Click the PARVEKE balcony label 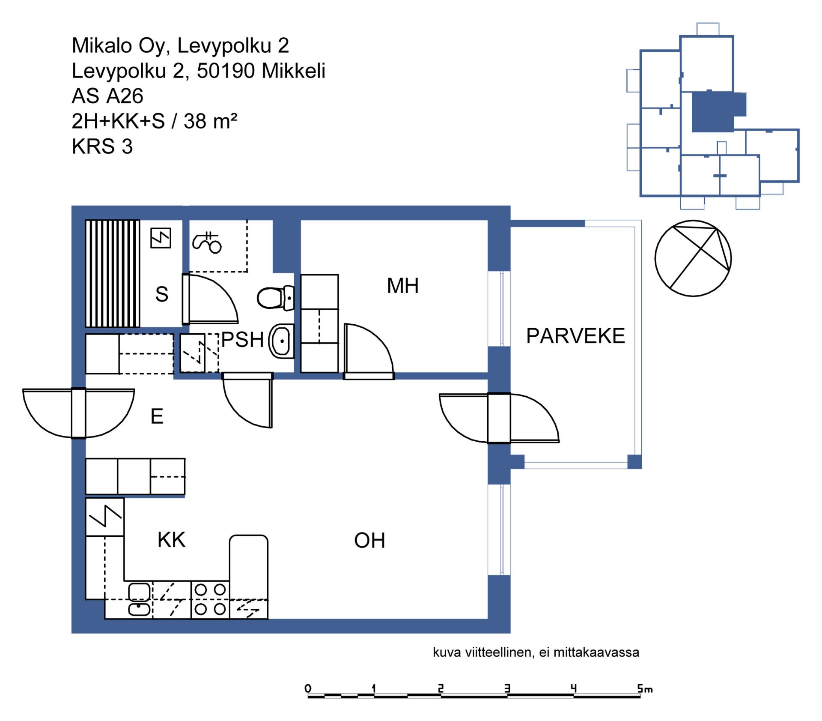pos(575,336)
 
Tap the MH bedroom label pos(402,286)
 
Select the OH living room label pos(369,541)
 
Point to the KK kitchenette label pos(171,540)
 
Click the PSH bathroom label pos(242,340)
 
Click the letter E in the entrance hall pos(157,416)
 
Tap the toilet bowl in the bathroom pos(275,297)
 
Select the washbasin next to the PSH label pos(281,341)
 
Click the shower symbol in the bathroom pos(207,242)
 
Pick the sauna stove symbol pos(161,238)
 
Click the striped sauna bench pos(113,274)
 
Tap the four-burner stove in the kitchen pos(210,600)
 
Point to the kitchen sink pos(140,600)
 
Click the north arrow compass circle pos(693,258)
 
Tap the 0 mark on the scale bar pos(308,688)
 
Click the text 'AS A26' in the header pos(107,96)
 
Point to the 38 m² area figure pos(210,121)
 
